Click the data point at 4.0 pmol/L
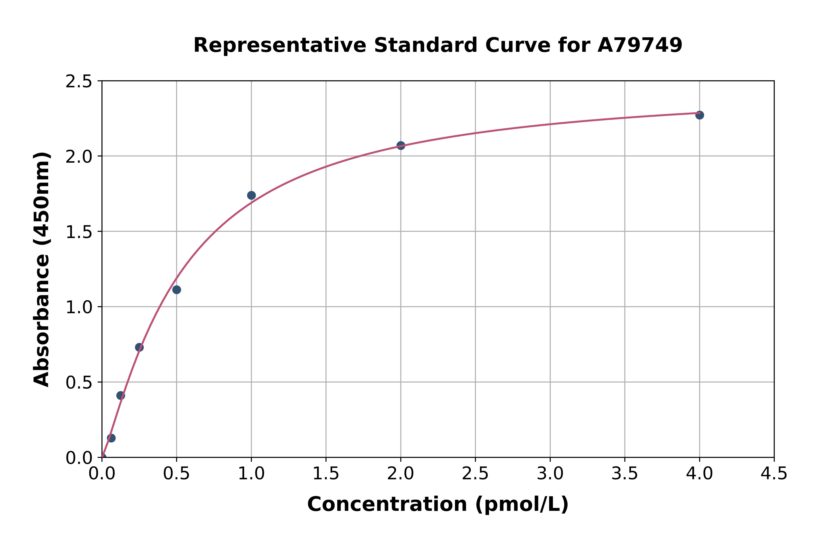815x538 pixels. point(699,115)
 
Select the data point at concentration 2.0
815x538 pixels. point(401,145)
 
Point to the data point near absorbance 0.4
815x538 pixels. point(120,396)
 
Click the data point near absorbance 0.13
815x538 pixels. point(111,438)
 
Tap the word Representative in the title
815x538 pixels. point(280,45)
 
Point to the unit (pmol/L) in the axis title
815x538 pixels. point(521,504)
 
